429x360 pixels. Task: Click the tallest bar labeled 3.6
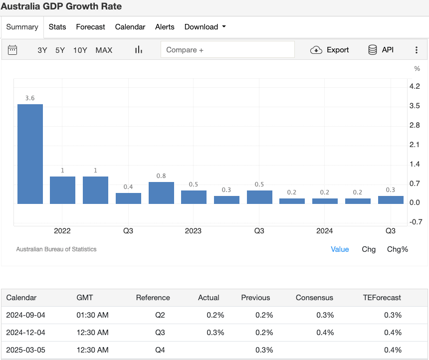click(x=30, y=154)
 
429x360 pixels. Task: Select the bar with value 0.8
click(x=161, y=193)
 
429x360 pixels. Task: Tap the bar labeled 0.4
click(x=128, y=198)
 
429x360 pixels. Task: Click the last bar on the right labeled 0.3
click(x=391, y=200)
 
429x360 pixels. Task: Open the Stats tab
click(x=57, y=27)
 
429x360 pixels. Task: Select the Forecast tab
click(x=90, y=27)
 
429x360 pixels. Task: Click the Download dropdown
click(x=205, y=27)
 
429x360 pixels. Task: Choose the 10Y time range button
click(x=80, y=50)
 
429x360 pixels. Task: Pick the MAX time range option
click(x=104, y=50)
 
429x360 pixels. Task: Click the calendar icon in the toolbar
click(x=13, y=50)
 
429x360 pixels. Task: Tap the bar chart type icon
click(x=139, y=50)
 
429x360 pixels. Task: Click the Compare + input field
click(x=227, y=50)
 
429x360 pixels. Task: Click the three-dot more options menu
click(x=417, y=50)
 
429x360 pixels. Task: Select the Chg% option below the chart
click(x=398, y=249)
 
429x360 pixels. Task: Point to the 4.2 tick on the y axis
click(x=414, y=86)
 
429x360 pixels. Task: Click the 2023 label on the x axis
click(x=193, y=231)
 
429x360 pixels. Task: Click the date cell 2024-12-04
click(x=25, y=333)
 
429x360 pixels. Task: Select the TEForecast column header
click(x=382, y=298)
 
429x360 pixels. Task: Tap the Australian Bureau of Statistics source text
click(x=56, y=249)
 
